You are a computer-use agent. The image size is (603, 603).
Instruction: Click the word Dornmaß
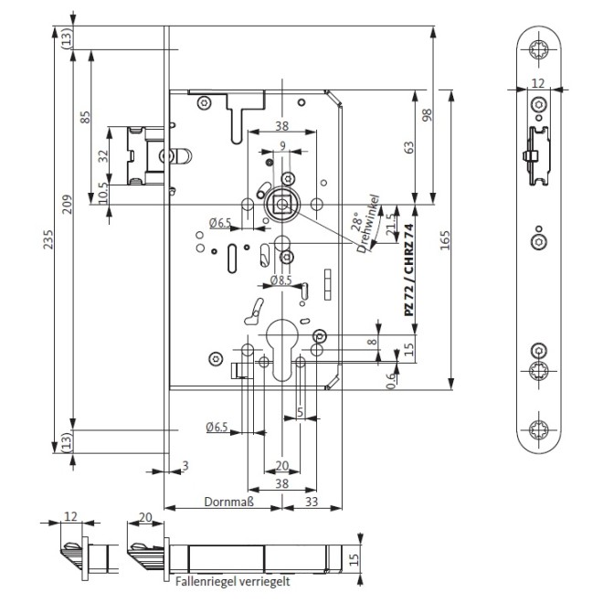(x=227, y=502)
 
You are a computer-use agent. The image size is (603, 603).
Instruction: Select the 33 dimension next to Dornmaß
(x=311, y=502)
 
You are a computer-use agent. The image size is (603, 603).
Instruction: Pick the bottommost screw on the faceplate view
(x=538, y=426)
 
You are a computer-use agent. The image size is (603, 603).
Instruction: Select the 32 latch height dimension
(x=103, y=156)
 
